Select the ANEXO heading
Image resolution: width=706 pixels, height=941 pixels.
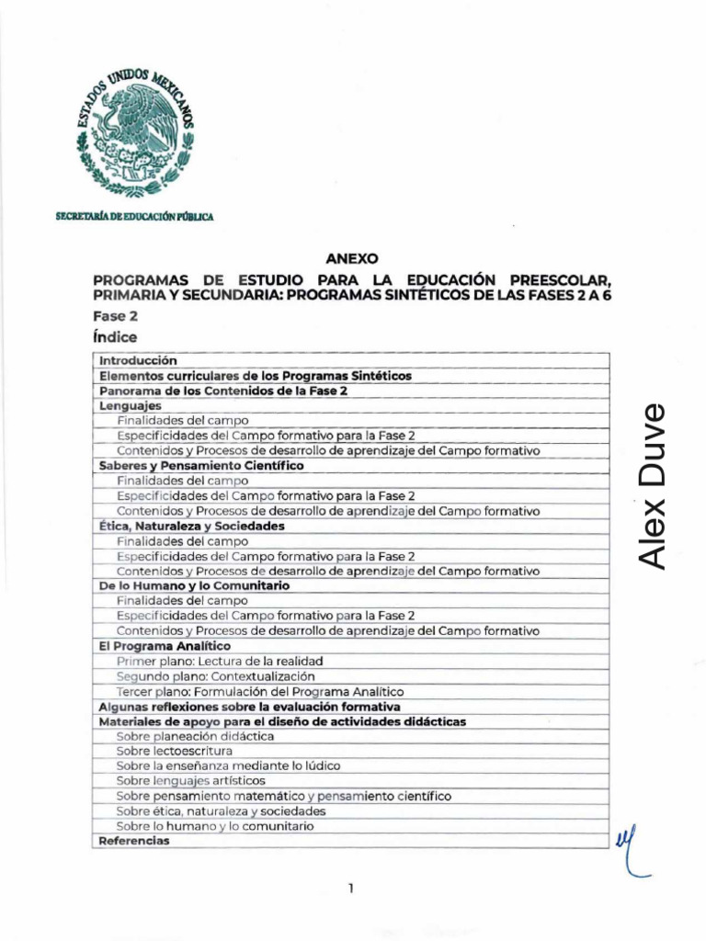(x=352, y=259)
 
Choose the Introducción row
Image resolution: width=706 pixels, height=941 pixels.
(x=137, y=361)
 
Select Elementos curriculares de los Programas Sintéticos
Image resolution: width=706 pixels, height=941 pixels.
(x=255, y=376)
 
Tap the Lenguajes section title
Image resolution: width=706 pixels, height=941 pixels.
(x=130, y=405)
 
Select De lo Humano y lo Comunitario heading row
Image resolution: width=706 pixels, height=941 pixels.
(x=194, y=585)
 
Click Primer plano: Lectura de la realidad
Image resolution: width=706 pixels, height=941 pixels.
(x=219, y=661)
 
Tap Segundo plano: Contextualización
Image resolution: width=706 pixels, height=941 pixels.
(x=216, y=675)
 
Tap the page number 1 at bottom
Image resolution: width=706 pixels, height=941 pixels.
(x=352, y=889)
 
